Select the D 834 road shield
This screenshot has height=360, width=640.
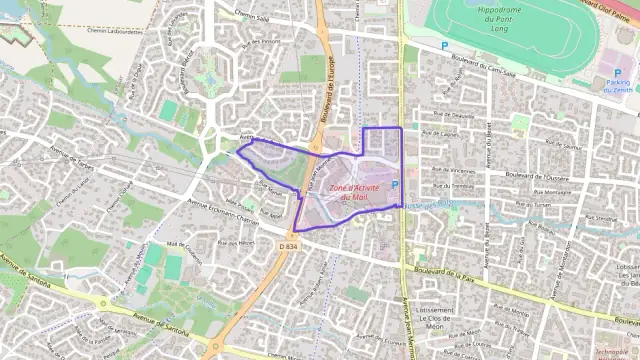[288, 245]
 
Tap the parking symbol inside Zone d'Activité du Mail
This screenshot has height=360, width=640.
[394, 184]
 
